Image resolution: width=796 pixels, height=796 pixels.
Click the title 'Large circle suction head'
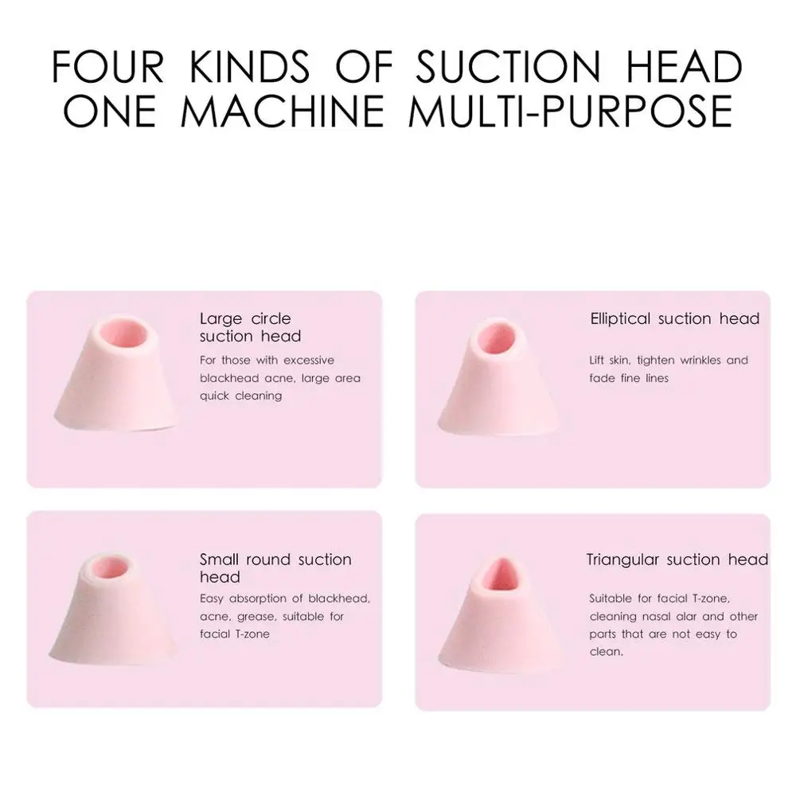click(x=250, y=328)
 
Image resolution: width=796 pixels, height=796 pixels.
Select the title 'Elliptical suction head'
click(x=675, y=319)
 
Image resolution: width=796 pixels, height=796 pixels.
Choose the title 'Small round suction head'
click(x=275, y=568)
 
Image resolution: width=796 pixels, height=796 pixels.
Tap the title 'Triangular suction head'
click(x=677, y=560)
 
